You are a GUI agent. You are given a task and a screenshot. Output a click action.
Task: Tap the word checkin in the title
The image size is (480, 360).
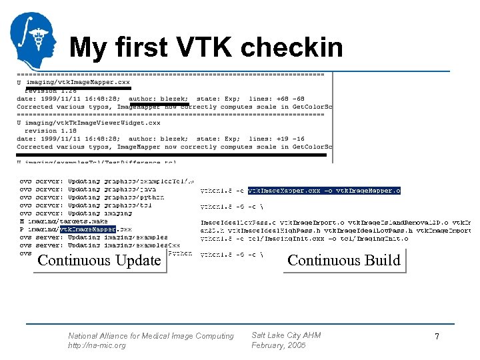tap(292, 48)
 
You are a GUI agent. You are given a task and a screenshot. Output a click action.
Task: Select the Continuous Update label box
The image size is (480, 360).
tap(99, 261)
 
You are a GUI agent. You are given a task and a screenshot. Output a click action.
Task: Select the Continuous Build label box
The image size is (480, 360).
tap(344, 261)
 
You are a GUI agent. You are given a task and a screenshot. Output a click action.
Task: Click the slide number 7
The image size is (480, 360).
tap(437, 337)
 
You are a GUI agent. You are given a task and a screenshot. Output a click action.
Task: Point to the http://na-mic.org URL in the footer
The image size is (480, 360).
tap(97, 345)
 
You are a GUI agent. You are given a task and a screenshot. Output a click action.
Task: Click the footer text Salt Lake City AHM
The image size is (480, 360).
tap(286, 335)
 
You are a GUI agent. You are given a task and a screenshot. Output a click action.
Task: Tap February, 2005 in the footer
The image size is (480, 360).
tap(278, 345)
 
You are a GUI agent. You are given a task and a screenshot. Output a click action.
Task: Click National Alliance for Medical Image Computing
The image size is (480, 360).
tap(151, 336)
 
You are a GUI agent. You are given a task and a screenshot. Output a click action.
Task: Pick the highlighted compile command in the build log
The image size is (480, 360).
tap(324, 191)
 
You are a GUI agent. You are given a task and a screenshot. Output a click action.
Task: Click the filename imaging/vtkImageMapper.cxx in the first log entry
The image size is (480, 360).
tap(77, 82)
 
